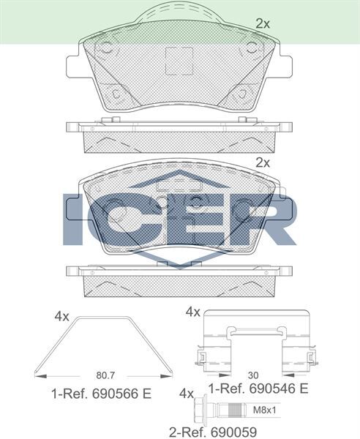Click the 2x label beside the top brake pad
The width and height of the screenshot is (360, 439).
pos(263,23)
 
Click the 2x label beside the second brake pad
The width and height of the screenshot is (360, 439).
pos(263,162)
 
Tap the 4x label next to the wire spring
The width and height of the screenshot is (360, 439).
pos(61,316)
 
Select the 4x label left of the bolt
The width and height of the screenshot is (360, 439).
pos(186,393)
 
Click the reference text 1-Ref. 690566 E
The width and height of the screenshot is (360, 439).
pos(101,394)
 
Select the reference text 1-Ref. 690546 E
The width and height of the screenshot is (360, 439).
pos(258,387)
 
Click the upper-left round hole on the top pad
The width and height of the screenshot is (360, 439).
pos(104,50)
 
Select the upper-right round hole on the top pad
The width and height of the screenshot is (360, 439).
pos(252,50)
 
